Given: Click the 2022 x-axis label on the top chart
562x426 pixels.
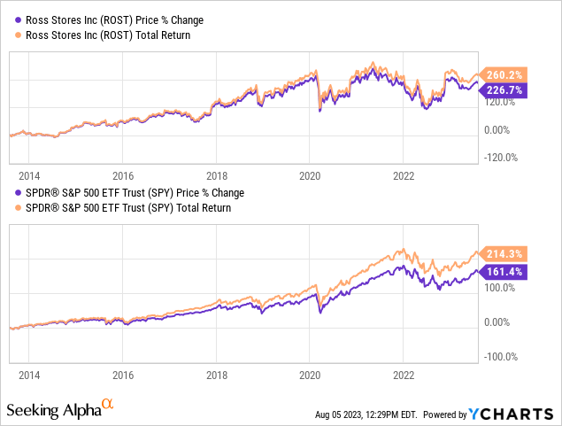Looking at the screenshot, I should point(403,174).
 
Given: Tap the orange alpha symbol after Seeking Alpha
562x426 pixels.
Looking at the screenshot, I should point(108,404).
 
